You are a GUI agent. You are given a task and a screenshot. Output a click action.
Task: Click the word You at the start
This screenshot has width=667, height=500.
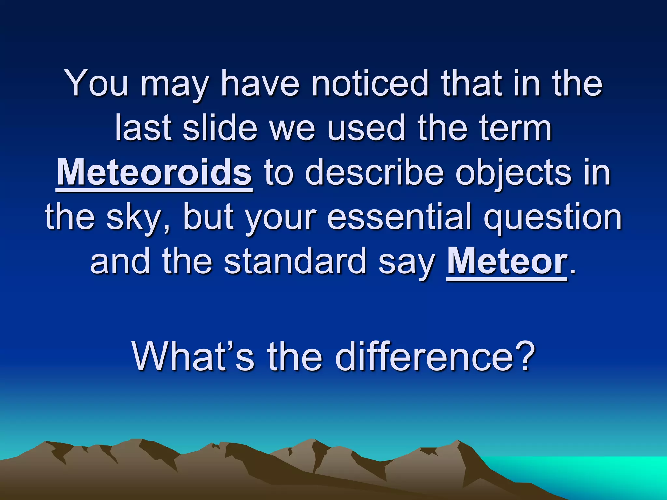pyautogui.click(x=97, y=83)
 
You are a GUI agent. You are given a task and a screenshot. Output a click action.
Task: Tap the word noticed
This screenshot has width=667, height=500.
pyautogui.click(x=369, y=83)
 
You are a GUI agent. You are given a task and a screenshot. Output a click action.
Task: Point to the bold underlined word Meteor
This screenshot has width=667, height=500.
pyautogui.click(x=506, y=261)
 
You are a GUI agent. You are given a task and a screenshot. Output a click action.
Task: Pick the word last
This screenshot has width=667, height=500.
pyautogui.click(x=143, y=128)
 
